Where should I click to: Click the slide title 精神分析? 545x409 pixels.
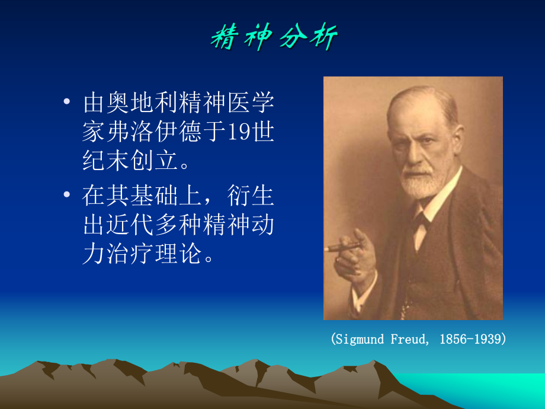coord(274,38)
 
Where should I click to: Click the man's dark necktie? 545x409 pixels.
coord(420,222)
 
